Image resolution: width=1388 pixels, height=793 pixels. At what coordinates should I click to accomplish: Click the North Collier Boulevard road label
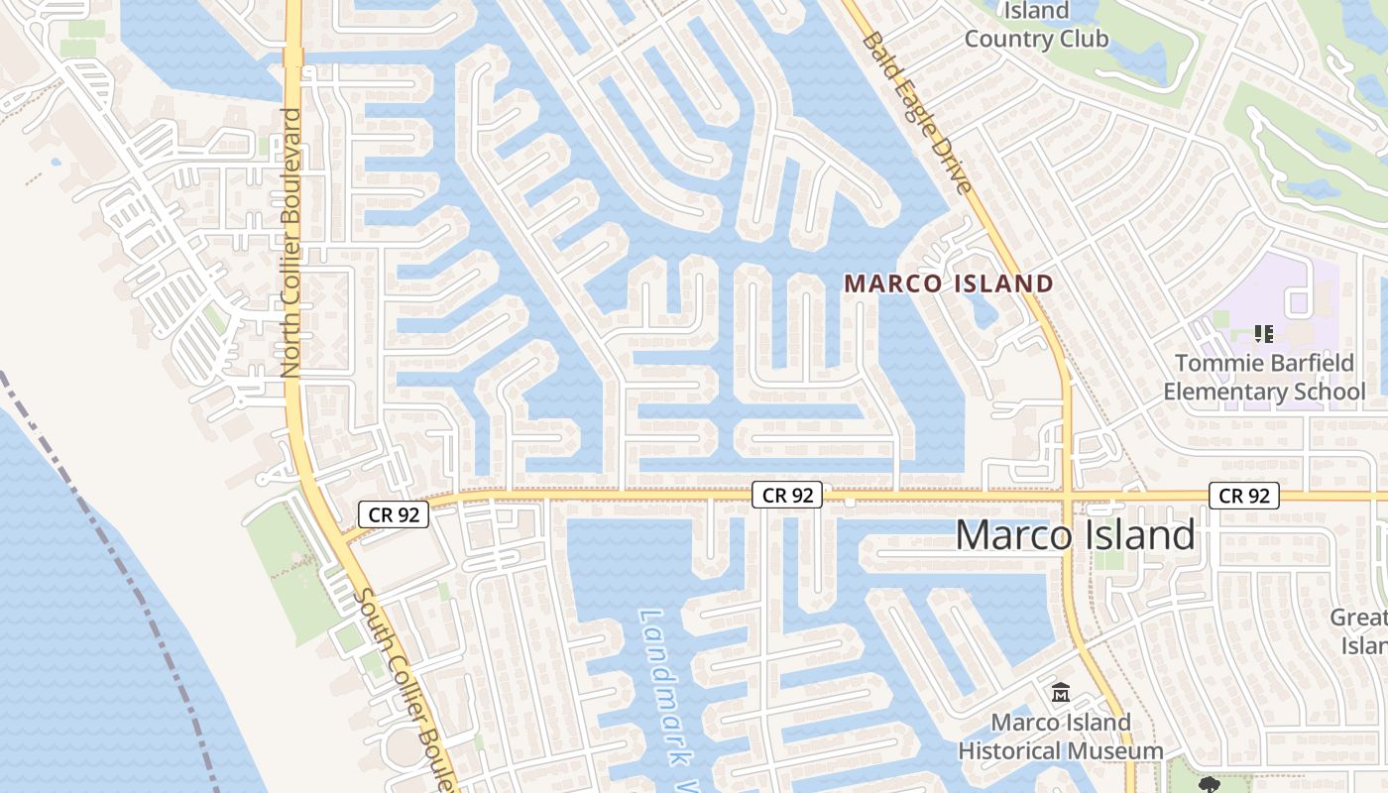(x=290, y=242)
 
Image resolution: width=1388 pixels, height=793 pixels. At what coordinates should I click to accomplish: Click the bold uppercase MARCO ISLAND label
(x=949, y=283)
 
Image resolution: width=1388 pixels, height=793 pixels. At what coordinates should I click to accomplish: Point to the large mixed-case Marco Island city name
(x=1076, y=535)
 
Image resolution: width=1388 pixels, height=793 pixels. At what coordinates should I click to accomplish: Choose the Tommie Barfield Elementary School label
(x=1264, y=378)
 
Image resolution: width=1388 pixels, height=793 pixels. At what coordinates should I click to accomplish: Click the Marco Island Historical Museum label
(x=1061, y=736)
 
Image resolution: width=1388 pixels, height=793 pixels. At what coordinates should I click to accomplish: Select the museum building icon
(x=1061, y=692)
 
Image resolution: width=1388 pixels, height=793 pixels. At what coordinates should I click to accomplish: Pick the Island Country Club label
(x=1037, y=26)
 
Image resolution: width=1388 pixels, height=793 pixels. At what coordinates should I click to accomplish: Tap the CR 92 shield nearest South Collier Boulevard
(x=393, y=514)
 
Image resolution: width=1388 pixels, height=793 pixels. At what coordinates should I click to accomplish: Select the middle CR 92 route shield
(x=787, y=495)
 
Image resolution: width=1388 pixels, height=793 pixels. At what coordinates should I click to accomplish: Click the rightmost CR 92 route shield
(x=1244, y=496)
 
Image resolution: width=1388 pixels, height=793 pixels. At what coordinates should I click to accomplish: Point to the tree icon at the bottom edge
(x=1209, y=785)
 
